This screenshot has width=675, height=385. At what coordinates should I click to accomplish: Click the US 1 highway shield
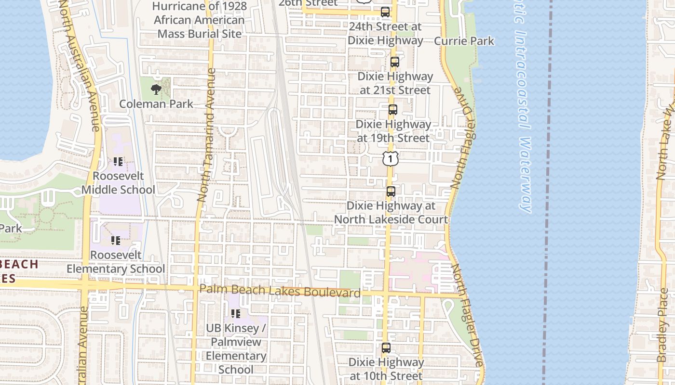tap(390, 158)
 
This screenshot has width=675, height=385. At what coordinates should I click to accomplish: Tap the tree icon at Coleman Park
tap(156, 89)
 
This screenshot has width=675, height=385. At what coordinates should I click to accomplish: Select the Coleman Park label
tap(156, 103)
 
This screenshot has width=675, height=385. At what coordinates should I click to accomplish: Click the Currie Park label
tap(464, 41)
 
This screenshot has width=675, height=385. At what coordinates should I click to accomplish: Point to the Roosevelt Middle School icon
tap(118, 162)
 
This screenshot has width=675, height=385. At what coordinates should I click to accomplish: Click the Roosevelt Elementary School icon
tap(116, 240)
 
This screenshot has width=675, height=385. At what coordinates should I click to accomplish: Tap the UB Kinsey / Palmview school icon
tap(236, 314)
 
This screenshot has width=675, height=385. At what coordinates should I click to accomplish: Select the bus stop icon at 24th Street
tap(385, 12)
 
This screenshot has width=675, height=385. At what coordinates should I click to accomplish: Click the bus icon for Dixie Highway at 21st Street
tap(395, 62)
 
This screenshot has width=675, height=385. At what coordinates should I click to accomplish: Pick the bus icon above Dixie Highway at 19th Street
tap(393, 110)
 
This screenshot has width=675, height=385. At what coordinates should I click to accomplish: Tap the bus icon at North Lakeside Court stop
tap(391, 192)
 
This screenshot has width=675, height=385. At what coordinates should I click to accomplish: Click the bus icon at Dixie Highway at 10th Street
tap(386, 348)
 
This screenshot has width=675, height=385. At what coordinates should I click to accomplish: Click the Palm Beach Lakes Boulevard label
tap(280, 291)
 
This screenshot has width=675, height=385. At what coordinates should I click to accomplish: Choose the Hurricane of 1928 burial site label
tap(200, 20)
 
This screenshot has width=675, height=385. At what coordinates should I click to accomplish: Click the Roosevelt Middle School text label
tap(118, 183)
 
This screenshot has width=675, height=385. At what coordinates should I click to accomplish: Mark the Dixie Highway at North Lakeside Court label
tap(391, 213)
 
